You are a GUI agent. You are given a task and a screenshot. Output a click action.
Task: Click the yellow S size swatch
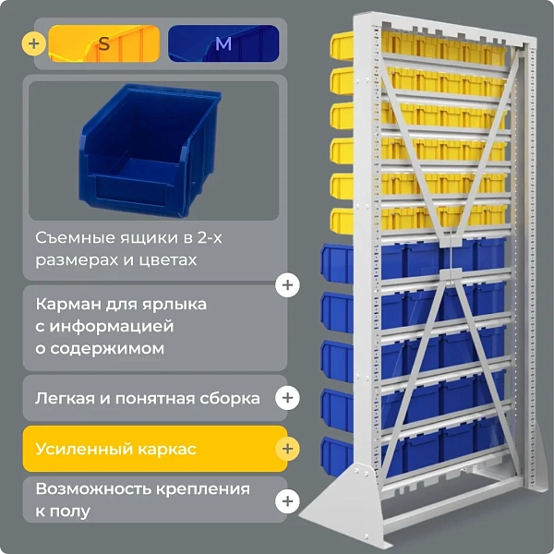pyautogui.click(x=103, y=43)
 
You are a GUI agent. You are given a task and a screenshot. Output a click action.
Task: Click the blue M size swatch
pyautogui.click(x=223, y=43)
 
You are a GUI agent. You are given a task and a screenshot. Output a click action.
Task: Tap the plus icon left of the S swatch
pyautogui.click(x=35, y=43)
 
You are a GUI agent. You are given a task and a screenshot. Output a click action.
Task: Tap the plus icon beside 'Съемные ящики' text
pyautogui.click(x=289, y=284)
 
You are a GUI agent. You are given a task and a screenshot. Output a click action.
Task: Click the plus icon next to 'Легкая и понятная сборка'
pyautogui.click(x=289, y=398)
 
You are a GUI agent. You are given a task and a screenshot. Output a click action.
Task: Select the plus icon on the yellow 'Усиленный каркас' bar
pyautogui.click(x=289, y=449)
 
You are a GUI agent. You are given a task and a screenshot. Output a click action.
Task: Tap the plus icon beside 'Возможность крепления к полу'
pyautogui.click(x=289, y=500)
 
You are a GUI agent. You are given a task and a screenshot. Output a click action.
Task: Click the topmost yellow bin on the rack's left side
pyautogui.click(x=343, y=46)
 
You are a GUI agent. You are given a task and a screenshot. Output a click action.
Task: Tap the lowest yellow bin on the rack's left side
pyautogui.click(x=343, y=220)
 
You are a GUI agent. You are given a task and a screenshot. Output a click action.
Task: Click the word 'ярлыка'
pyautogui.click(x=175, y=305)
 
